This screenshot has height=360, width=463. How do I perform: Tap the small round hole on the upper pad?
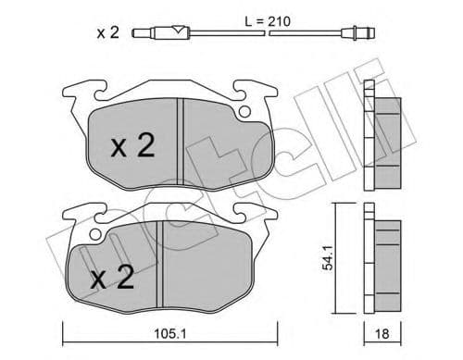244,113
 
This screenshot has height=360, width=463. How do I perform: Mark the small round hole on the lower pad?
94,232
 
